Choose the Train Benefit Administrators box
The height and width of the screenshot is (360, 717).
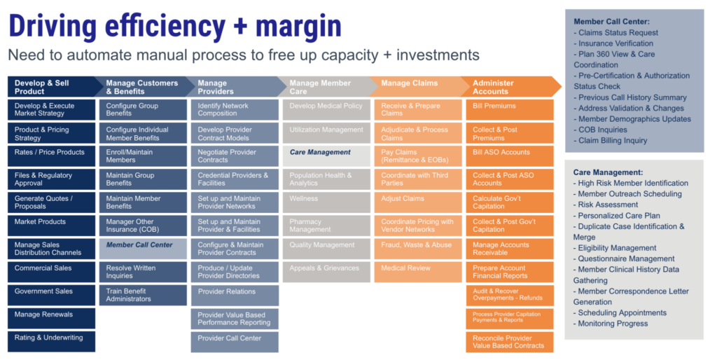[x=144, y=295]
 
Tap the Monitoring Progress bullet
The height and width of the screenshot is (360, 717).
[x=613, y=324]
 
